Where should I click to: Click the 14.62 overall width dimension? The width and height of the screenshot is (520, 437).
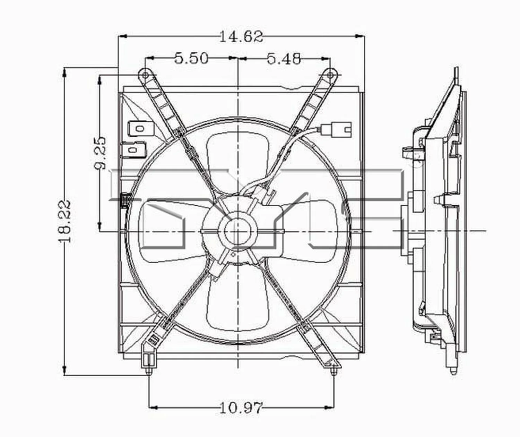(241, 36)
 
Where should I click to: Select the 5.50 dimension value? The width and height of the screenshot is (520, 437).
(191, 58)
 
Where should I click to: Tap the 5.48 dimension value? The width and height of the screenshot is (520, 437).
(284, 59)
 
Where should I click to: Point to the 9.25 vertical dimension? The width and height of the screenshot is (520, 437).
(100, 153)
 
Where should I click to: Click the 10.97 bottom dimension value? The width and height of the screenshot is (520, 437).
(241, 408)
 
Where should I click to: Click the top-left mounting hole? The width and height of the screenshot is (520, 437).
(145, 75)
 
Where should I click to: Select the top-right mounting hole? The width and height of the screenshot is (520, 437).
(330, 75)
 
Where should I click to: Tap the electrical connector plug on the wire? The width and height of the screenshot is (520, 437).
(336, 129)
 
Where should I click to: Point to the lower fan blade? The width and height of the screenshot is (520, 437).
(237, 305)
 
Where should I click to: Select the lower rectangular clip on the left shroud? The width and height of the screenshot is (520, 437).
(134, 149)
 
